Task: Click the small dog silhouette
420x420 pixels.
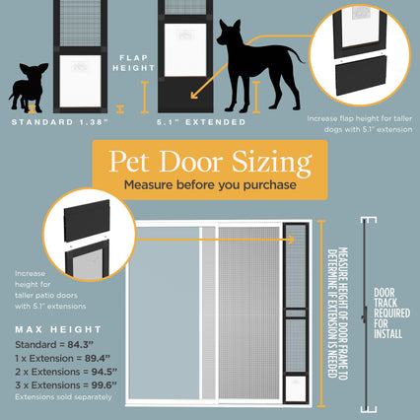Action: pos(29,87)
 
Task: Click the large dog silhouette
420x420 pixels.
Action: pos(259,66)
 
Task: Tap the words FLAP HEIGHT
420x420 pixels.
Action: pos(133,63)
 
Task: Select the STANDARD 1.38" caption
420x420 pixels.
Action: pos(59,122)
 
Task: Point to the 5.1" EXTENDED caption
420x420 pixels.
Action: pos(201,122)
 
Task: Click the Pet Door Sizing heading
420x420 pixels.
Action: pos(210,162)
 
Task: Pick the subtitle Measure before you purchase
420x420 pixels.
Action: pos(210,184)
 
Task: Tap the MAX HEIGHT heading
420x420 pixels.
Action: pos(58,329)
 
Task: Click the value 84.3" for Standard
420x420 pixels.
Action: pos(81,345)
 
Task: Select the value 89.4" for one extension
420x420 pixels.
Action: pos(98,358)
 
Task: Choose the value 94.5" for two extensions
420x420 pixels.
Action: pos(105,372)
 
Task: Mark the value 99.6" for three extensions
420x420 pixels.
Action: pos(105,385)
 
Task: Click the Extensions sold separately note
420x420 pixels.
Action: pos(63,397)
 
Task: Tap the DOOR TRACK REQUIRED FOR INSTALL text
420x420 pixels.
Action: pos(391,314)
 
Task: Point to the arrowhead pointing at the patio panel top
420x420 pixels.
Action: pos(291,240)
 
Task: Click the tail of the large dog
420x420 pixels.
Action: pos(296,54)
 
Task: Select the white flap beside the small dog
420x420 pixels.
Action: pos(80,81)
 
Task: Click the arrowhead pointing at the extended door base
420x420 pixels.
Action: pos(194,95)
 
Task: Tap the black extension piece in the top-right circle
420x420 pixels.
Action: pos(361,75)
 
